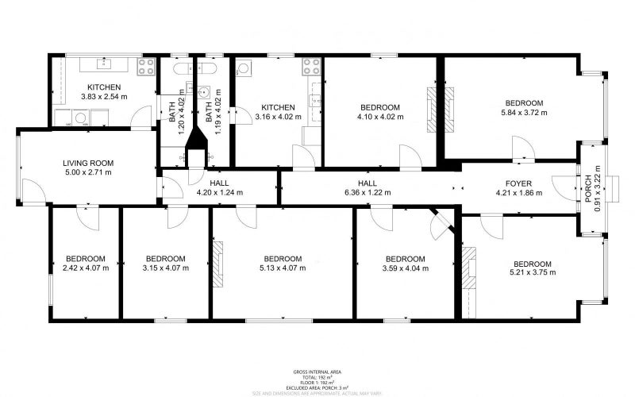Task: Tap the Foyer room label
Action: coord(514,183)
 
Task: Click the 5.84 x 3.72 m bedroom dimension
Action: coord(524,113)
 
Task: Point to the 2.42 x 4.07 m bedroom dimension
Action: coord(86,268)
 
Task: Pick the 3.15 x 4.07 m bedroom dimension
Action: coord(165,268)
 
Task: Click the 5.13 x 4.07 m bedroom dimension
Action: coord(283,268)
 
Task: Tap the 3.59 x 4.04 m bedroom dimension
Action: coord(405,268)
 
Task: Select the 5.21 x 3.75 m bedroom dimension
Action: coord(532,273)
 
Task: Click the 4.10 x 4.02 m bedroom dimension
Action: coord(380,117)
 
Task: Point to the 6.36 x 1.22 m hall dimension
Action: coord(367,192)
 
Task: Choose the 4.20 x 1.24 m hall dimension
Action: coord(220,192)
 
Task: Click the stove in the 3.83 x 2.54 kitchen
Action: coord(146,67)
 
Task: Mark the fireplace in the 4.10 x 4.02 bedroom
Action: coord(432,109)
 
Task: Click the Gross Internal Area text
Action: coord(317,372)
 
